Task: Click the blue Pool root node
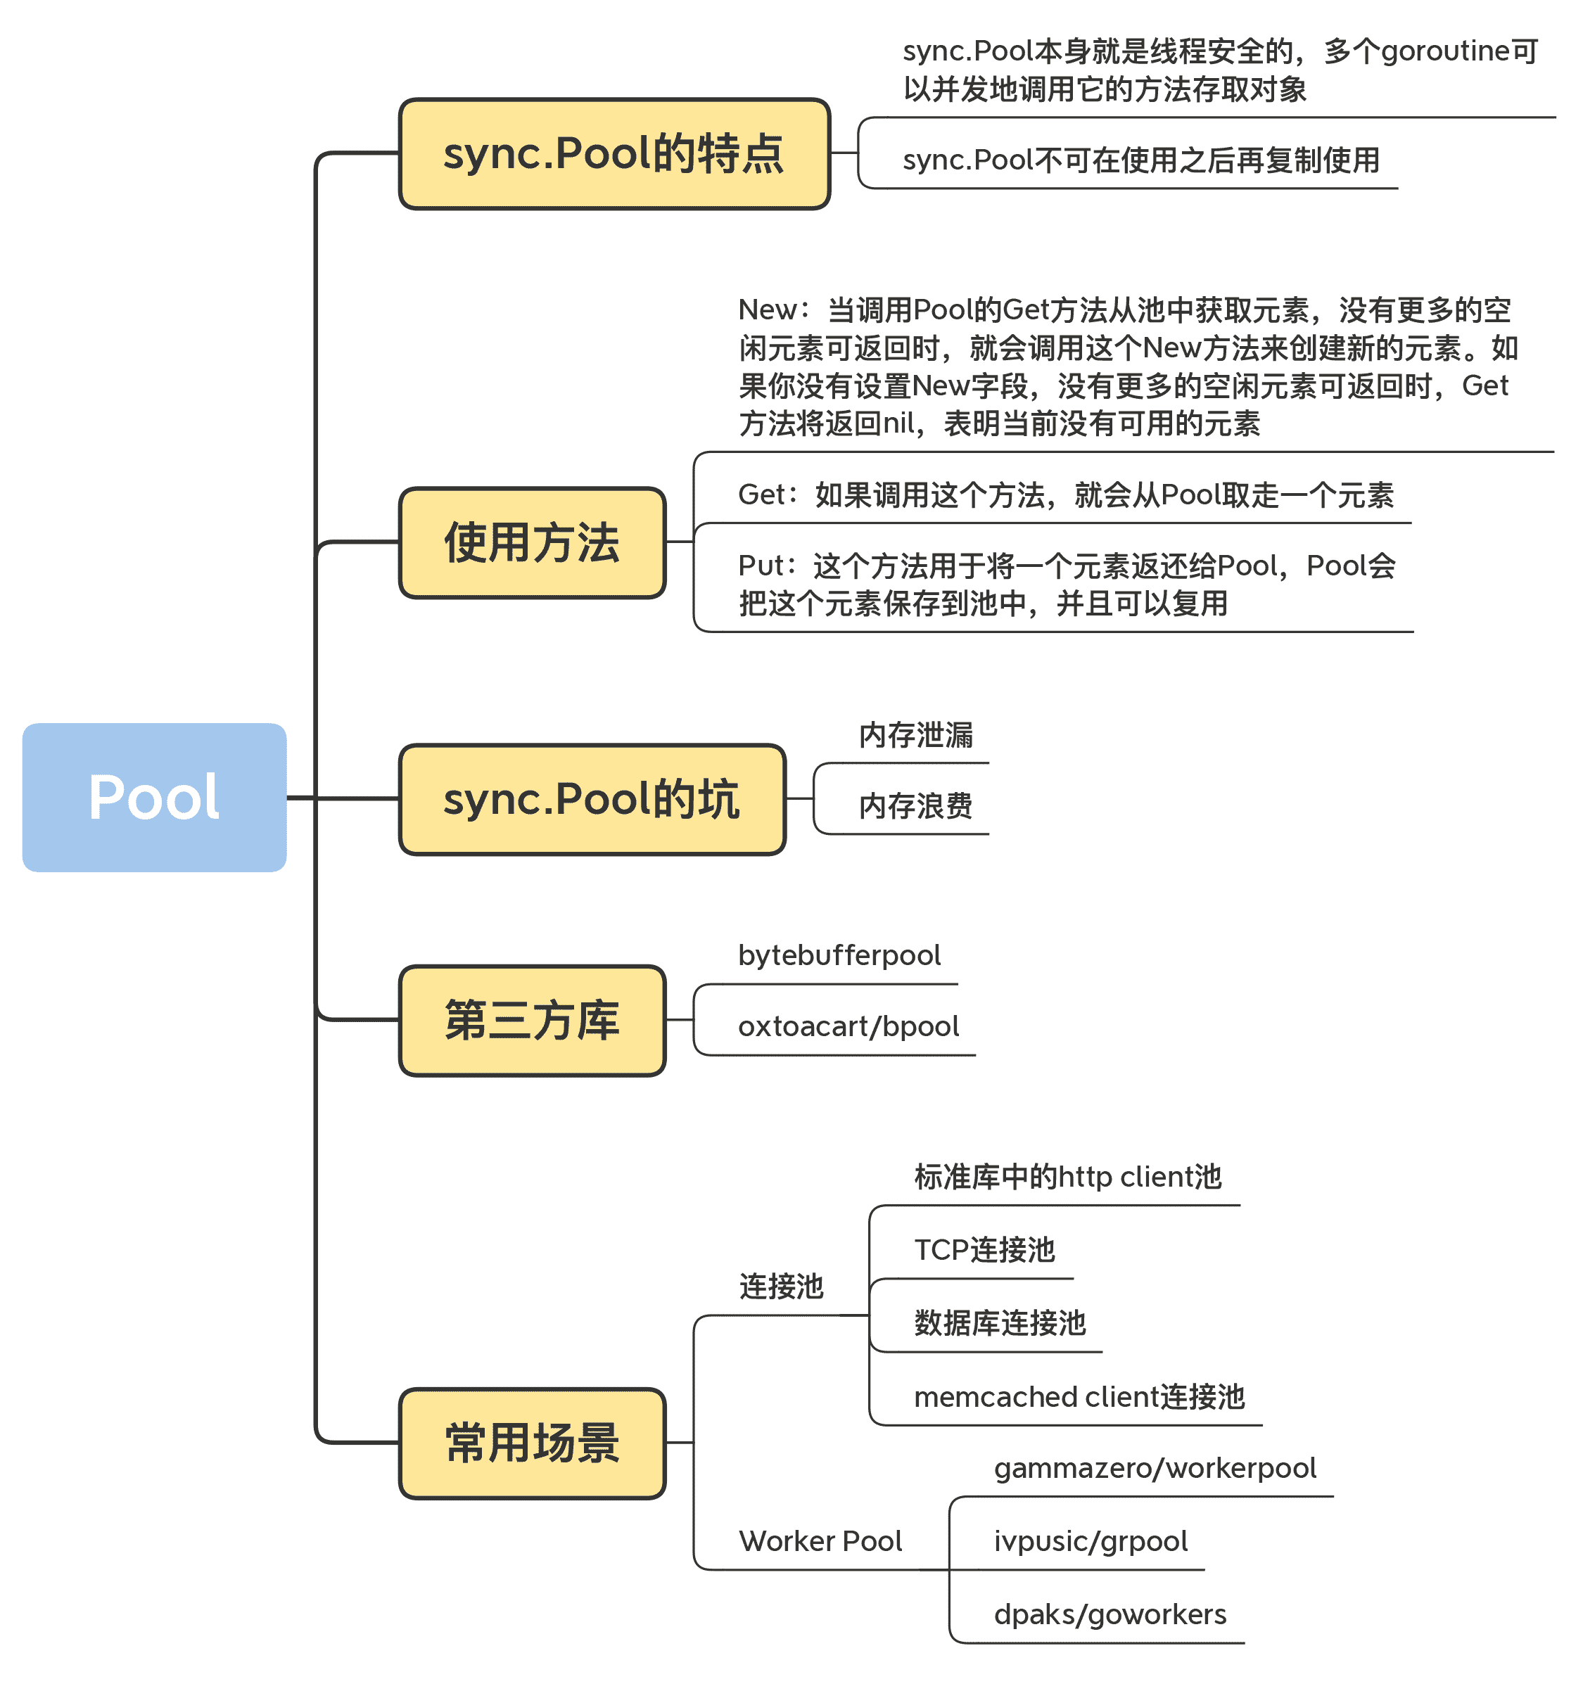click(x=154, y=797)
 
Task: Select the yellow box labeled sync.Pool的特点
click(x=614, y=154)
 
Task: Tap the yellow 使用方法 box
click(x=532, y=543)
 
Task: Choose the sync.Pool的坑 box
click(x=592, y=800)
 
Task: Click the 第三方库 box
click(x=532, y=1020)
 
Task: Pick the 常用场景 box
click(x=532, y=1443)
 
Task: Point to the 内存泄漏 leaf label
click(x=915, y=735)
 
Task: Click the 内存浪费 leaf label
click(x=915, y=805)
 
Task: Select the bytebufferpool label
click(x=839, y=955)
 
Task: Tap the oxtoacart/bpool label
click(x=848, y=1027)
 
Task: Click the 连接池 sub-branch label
click(x=781, y=1286)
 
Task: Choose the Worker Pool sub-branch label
click(x=820, y=1541)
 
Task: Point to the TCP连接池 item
click(x=984, y=1249)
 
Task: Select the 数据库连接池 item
click(x=1000, y=1322)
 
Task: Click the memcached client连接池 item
click(x=1079, y=1397)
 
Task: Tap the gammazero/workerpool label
click(x=1155, y=1468)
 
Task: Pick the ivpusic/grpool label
click(x=1091, y=1541)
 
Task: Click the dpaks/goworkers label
click(x=1110, y=1614)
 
